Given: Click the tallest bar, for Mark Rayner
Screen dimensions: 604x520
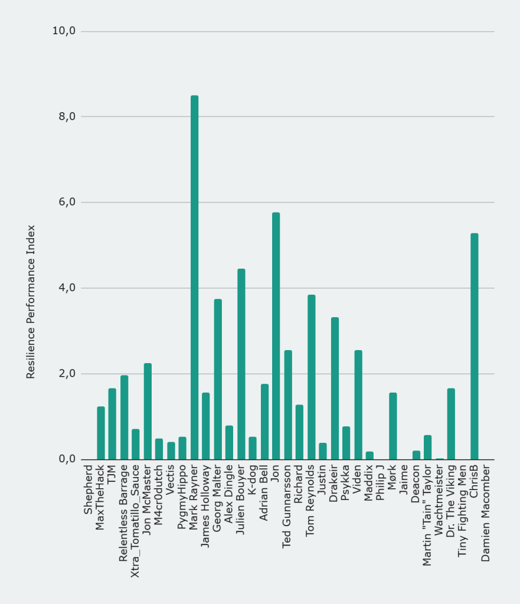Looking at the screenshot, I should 194,277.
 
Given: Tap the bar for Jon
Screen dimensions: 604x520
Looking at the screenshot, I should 276,336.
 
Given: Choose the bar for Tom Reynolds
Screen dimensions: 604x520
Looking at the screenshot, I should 311,377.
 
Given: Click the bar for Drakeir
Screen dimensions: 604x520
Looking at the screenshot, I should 335,388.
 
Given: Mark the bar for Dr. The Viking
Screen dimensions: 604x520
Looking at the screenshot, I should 451,424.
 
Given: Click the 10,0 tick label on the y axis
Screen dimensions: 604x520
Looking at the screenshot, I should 64,31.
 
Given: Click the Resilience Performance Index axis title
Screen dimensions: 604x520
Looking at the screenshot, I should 31,302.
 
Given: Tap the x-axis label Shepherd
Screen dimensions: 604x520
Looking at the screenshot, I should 89,490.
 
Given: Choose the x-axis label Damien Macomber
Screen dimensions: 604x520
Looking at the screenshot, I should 486,514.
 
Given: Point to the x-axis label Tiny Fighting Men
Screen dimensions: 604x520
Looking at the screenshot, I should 463,511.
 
